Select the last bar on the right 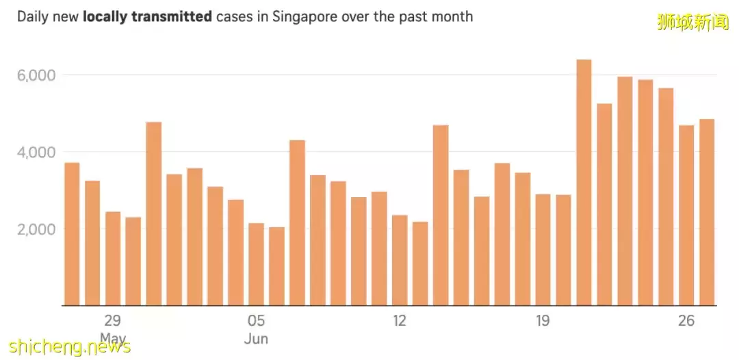point(707,212)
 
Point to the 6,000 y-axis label point(36,75)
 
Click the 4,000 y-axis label point(36,152)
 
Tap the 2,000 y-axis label point(36,229)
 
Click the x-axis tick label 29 point(113,320)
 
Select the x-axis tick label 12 point(400,320)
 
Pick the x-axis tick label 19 point(543,320)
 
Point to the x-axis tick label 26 point(686,320)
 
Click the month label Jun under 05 point(256,339)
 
